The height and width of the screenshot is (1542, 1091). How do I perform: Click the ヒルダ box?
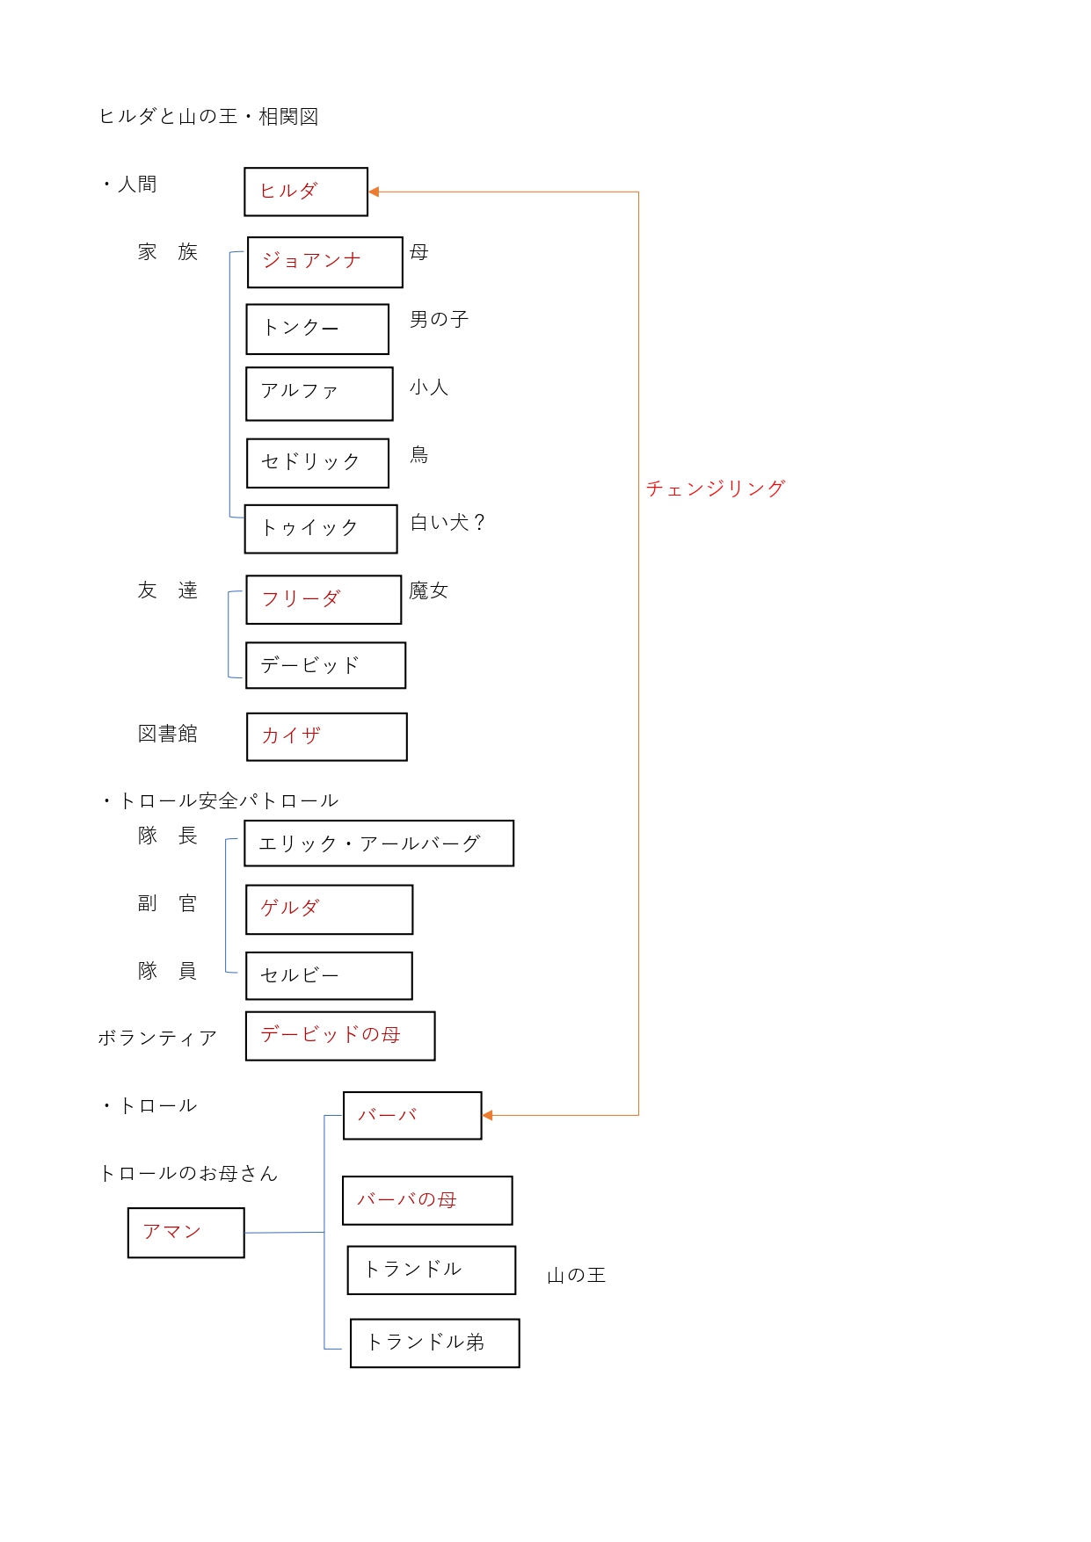(x=306, y=192)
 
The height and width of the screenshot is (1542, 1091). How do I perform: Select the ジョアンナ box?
(x=325, y=262)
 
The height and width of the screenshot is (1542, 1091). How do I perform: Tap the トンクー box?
(x=317, y=329)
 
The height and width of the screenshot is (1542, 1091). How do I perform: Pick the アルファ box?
(x=319, y=394)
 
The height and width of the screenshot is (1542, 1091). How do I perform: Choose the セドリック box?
(x=317, y=463)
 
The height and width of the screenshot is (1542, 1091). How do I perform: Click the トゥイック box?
(x=321, y=529)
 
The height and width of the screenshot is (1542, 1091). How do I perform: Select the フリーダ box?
(x=324, y=600)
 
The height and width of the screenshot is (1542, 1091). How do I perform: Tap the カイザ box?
(x=327, y=736)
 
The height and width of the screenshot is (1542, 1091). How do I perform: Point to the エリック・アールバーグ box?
(x=379, y=843)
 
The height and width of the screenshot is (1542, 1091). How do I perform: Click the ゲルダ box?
(x=330, y=909)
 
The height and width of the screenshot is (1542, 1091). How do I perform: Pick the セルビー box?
(x=329, y=976)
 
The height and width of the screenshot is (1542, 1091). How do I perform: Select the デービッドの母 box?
(x=340, y=1036)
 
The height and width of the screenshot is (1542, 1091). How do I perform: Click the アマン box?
(x=186, y=1233)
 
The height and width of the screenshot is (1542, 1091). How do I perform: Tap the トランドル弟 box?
(x=435, y=1343)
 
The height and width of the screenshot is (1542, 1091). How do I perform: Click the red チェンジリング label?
(x=716, y=489)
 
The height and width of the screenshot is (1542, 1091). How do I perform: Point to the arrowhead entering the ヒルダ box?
(x=374, y=192)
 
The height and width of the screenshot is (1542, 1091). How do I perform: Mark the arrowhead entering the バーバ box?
(x=488, y=1115)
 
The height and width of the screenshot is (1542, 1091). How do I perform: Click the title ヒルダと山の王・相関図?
(x=208, y=117)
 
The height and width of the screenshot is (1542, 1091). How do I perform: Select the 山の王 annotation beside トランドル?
(x=577, y=1275)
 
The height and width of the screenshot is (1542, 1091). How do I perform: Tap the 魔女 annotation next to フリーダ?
(x=429, y=591)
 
